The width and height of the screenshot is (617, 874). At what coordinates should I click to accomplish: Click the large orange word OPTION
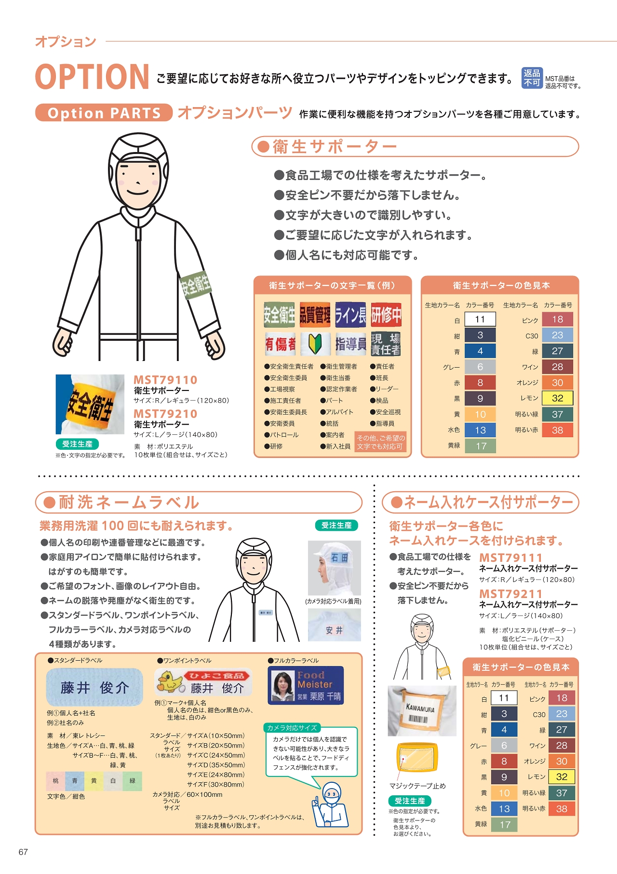[x=92, y=77]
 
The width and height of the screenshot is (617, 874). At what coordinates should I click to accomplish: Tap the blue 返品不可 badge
[x=532, y=78]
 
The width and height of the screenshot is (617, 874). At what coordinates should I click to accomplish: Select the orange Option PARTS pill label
[x=104, y=113]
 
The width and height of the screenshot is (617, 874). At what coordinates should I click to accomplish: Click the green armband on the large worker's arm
[x=195, y=284]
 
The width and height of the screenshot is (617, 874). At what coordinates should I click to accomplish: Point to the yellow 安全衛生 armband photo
[x=90, y=404]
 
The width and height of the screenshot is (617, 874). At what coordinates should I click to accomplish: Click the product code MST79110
[x=165, y=380]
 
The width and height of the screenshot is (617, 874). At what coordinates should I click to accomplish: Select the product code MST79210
[x=165, y=414]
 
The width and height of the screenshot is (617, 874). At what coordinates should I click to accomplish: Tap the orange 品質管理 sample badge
[x=315, y=315]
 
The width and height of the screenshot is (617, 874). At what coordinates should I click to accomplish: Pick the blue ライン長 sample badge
[x=350, y=315]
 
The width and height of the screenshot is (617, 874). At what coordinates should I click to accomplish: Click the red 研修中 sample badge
[x=386, y=315]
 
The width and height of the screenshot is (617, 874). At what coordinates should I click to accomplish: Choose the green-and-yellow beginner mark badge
[x=315, y=344]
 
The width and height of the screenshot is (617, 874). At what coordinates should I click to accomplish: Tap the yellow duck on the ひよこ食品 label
[x=170, y=681]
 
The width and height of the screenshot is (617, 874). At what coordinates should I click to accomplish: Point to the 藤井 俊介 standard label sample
[x=94, y=687]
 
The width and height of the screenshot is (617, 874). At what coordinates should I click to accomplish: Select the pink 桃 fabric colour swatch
[x=55, y=781]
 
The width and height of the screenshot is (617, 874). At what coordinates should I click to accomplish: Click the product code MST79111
[x=511, y=557]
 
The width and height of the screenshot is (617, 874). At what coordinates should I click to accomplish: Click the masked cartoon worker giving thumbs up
[x=331, y=805]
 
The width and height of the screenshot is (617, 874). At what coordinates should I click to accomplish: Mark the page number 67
[x=23, y=852]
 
